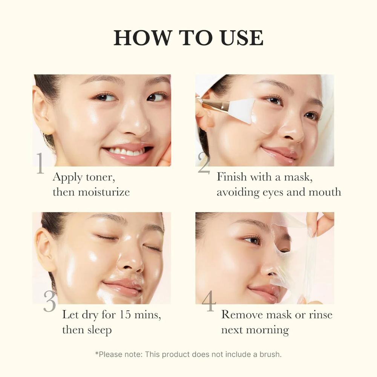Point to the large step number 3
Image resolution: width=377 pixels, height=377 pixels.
[x=49, y=302]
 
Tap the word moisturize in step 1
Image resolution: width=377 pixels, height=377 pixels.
[x=104, y=192]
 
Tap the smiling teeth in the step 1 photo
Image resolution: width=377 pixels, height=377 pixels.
[x=126, y=152]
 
